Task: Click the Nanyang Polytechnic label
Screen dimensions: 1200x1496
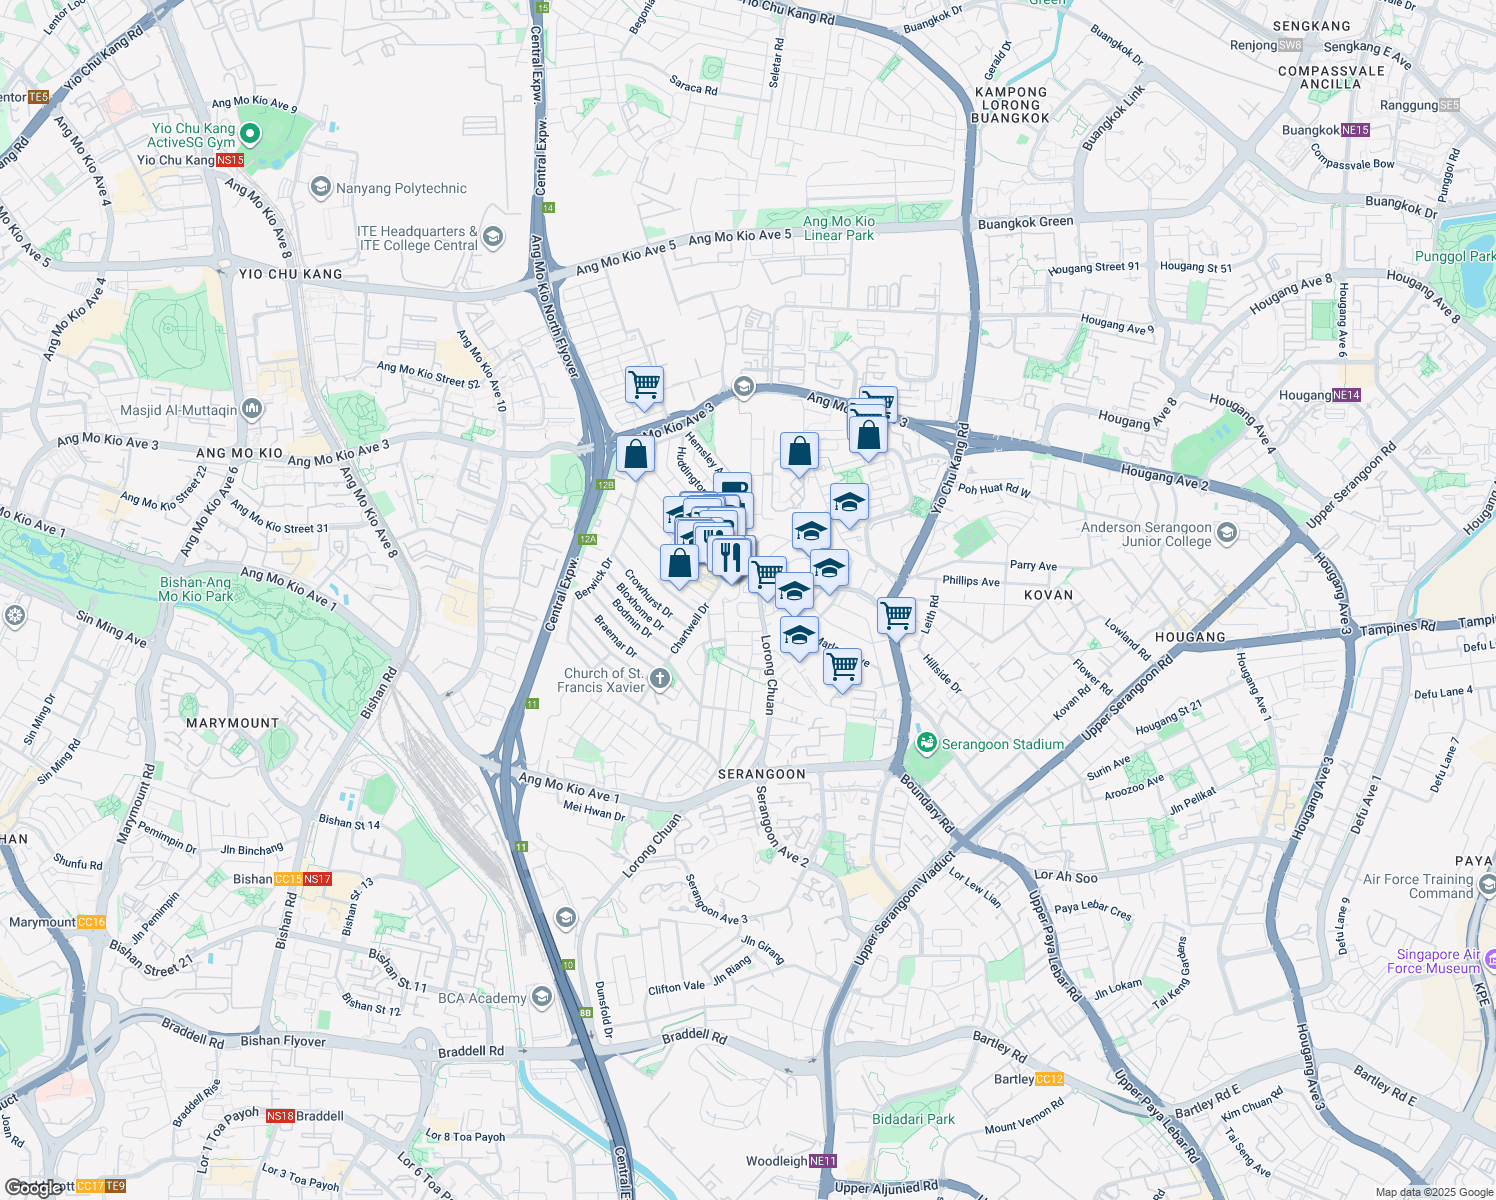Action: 401,188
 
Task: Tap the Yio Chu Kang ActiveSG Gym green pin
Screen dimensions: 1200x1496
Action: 250,134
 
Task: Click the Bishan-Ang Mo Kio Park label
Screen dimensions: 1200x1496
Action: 196,589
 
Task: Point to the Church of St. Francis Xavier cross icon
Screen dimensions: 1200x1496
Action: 660,680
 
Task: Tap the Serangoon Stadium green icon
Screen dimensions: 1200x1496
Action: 927,743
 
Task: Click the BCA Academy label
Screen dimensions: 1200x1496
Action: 482,998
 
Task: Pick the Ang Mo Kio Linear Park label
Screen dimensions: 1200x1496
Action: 839,228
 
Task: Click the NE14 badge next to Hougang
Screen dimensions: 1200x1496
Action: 1346,395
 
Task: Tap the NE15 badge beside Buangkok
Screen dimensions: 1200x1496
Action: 1355,130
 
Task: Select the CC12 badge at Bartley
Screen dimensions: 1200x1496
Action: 1050,1079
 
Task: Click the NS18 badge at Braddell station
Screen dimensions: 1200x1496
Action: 280,1116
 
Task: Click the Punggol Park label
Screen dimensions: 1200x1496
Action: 1454,256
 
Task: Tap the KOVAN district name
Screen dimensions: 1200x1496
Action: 1048,595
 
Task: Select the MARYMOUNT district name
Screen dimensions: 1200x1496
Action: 232,723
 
